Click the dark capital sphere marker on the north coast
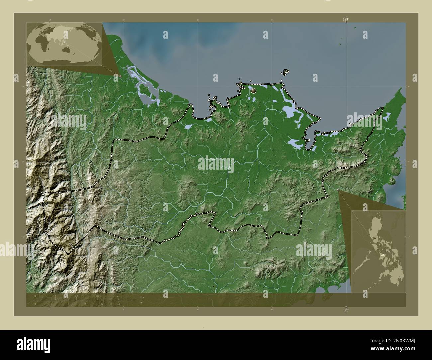(254, 90)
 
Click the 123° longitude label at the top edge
(346, 20)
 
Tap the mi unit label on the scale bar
(142, 303)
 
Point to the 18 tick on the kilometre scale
(97, 296)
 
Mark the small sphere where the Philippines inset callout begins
(338, 190)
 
